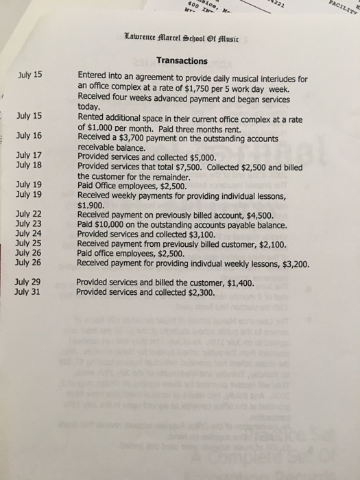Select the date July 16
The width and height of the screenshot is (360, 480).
29,135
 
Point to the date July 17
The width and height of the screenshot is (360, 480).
29,156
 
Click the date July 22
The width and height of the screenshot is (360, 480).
29,215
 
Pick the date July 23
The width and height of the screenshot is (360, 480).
29,224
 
